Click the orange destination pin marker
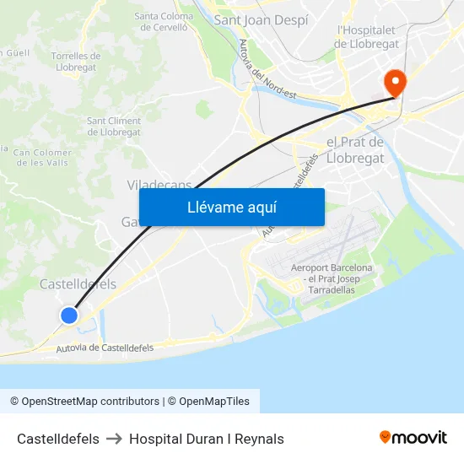coord(394,81)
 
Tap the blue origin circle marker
coord(69,316)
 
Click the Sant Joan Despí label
coord(261,19)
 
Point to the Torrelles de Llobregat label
coord(75,62)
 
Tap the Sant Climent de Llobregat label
coord(114,127)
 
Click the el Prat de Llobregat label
coord(354,149)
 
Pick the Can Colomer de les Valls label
coord(40,158)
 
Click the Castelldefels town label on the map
coord(78,284)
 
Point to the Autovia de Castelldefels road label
coord(105,348)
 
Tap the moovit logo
coord(413,437)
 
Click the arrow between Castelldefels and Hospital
coord(114,439)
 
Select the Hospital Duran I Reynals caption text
coord(207,439)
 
